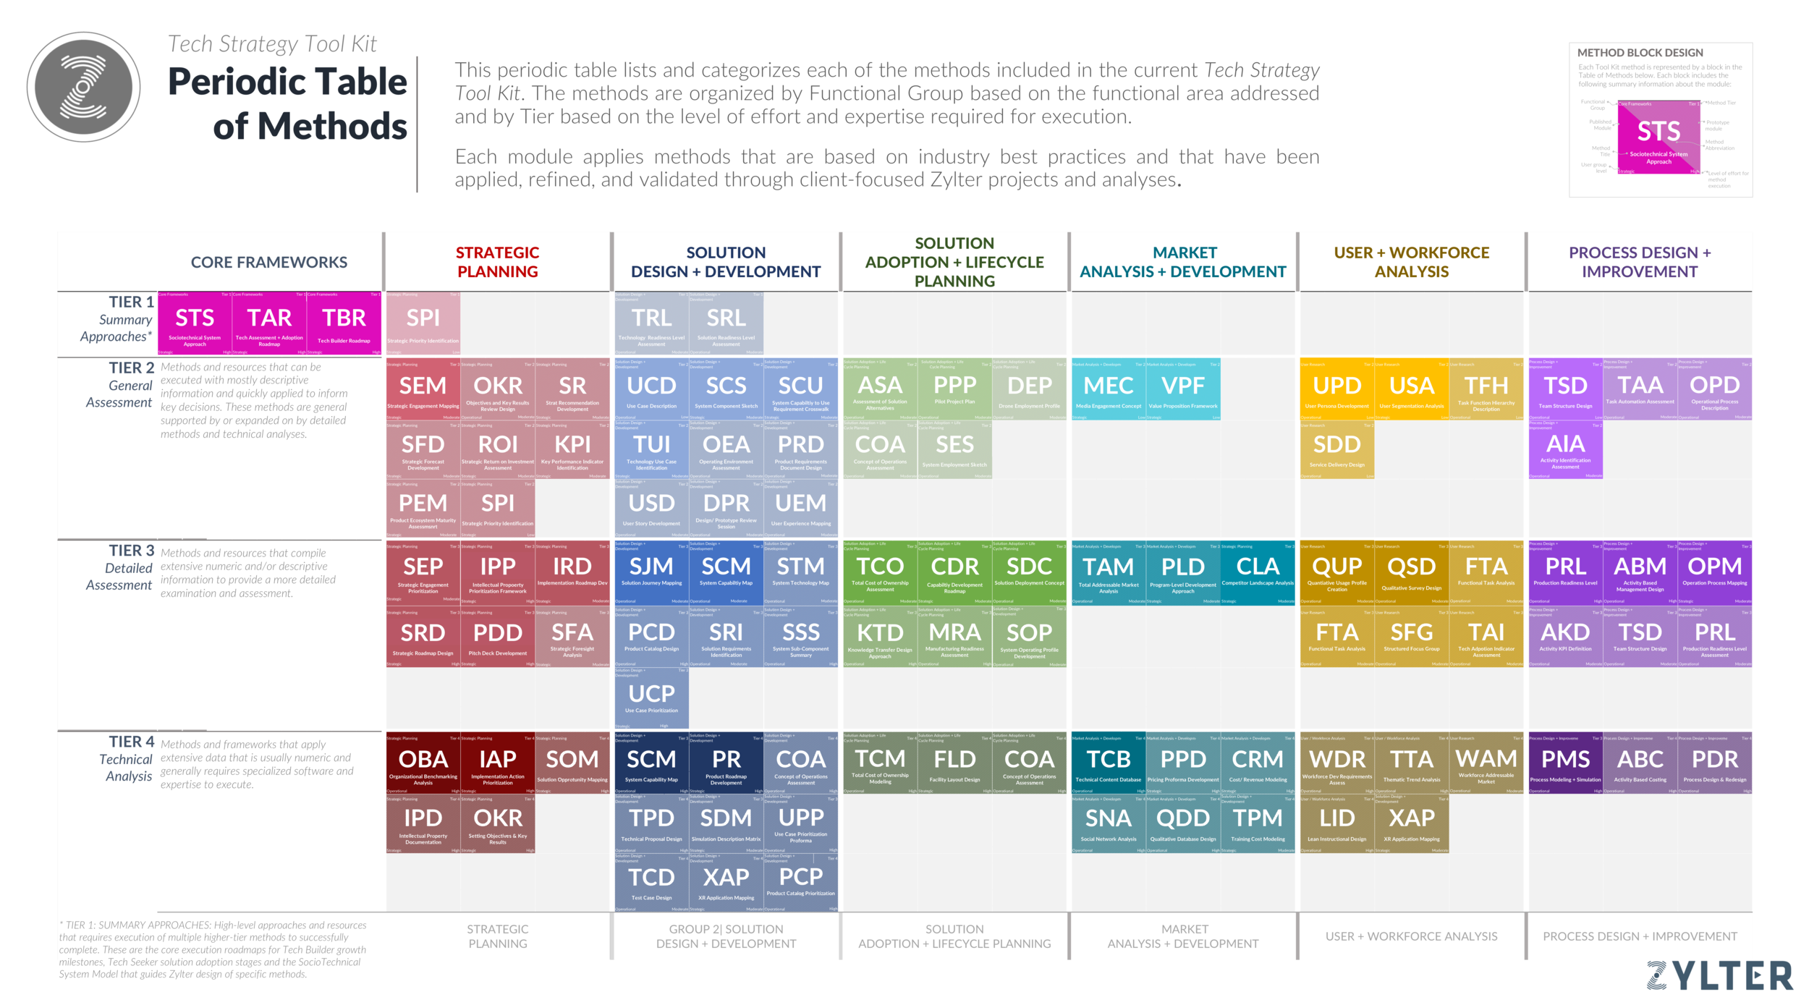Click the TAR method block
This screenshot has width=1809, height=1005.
pos(269,323)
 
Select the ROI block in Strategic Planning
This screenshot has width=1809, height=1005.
pos(498,449)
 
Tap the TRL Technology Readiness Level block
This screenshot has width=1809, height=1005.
pos(651,323)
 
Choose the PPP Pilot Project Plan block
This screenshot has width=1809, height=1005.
pos(954,389)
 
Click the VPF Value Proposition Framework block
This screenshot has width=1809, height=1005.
pos(1183,389)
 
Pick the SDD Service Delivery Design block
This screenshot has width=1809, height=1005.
pos(1336,449)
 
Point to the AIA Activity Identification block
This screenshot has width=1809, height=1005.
pos(1565,449)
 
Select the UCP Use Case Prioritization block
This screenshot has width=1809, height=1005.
pos(651,697)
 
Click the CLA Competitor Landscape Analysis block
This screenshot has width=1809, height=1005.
pos(1258,572)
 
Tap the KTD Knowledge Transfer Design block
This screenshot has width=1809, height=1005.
pos(880,637)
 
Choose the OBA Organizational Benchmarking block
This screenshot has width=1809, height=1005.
pos(423,763)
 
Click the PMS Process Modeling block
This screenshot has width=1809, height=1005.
pos(1565,763)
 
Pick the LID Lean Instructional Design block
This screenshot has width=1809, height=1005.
pos(1336,823)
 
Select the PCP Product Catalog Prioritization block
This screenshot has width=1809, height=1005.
pos(800,881)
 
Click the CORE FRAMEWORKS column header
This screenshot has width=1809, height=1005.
pos(269,262)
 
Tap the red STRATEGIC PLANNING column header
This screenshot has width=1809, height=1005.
pos(498,262)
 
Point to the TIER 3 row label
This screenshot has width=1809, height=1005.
pos(131,551)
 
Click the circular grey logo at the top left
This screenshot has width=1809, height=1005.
pos(83,87)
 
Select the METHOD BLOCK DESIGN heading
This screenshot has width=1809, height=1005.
pos(1640,53)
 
